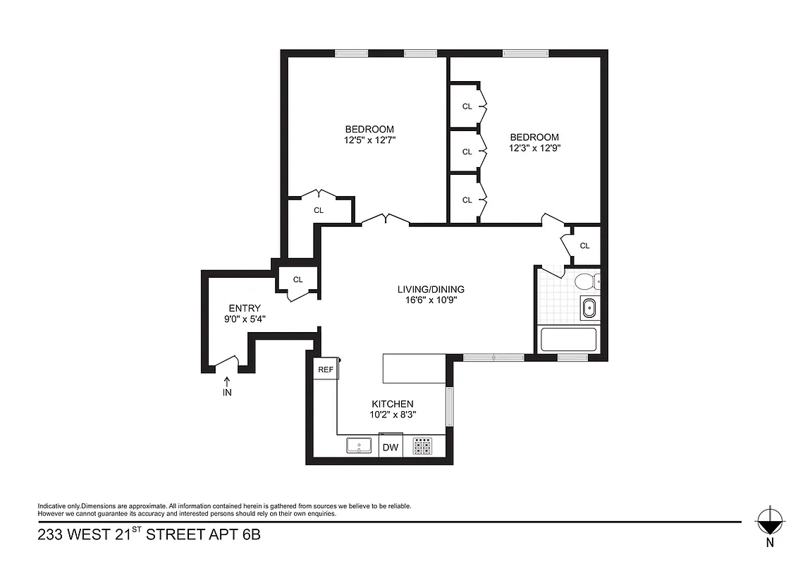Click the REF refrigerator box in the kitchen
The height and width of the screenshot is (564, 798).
[x=325, y=369]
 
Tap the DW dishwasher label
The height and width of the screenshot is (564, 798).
[x=390, y=447]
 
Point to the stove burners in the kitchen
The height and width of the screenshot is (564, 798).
[x=423, y=446]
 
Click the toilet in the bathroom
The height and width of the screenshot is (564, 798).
[x=584, y=282]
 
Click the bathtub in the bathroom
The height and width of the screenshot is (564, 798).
[x=567, y=340]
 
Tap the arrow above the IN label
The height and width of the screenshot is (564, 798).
[x=227, y=381]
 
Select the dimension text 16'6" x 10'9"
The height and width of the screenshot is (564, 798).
[x=430, y=300]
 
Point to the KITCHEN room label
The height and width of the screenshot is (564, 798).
[x=393, y=404]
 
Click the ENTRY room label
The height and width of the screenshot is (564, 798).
[x=245, y=308]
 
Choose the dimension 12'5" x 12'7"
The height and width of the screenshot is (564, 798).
[x=369, y=140]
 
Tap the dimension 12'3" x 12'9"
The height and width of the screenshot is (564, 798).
[x=534, y=148]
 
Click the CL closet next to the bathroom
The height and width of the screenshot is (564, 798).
[x=584, y=245]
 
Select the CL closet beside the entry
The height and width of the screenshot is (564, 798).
[x=297, y=279]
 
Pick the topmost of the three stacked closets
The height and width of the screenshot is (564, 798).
[x=467, y=106]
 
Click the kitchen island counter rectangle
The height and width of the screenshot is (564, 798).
[x=414, y=368]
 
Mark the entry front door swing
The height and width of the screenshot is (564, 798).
[x=227, y=362]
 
